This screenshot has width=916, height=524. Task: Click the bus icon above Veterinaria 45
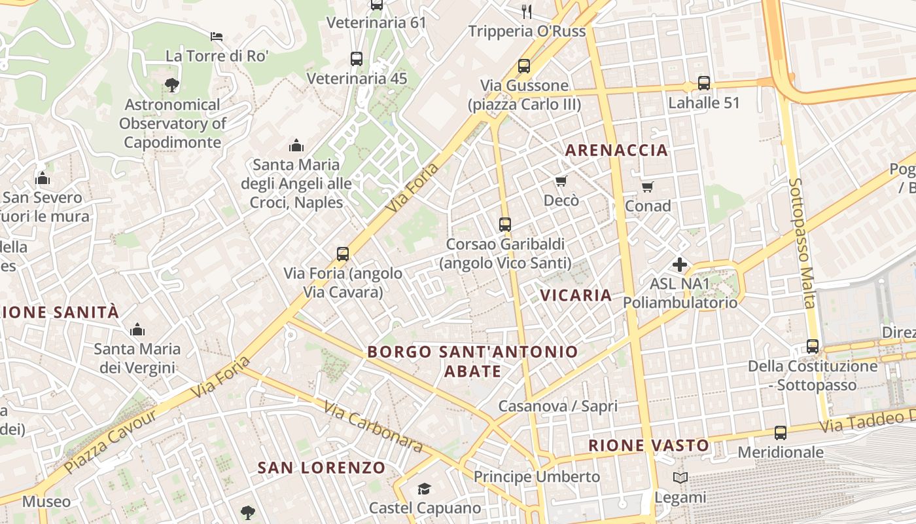click(x=357, y=59)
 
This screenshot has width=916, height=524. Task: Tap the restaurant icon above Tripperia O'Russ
click(x=527, y=11)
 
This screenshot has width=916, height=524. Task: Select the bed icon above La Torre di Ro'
click(x=217, y=36)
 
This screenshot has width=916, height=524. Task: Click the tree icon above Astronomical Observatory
click(x=172, y=84)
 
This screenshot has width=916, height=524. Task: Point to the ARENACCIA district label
click(x=616, y=150)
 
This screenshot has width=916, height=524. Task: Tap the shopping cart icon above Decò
click(x=561, y=181)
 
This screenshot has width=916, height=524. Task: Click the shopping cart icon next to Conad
click(x=648, y=187)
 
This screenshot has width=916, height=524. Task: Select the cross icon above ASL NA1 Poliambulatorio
click(x=680, y=265)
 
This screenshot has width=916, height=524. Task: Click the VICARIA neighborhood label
click(x=576, y=295)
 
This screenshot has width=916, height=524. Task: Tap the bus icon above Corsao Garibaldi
click(x=505, y=225)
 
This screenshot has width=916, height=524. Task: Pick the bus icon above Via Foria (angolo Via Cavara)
click(x=343, y=254)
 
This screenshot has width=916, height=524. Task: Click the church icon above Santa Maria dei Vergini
click(x=137, y=329)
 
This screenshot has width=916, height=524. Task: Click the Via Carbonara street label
click(x=374, y=426)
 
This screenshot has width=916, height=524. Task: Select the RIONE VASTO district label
click(x=648, y=445)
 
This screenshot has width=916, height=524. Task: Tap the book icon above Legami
click(x=680, y=478)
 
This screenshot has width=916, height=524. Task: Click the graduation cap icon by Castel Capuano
click(x=425, y=489)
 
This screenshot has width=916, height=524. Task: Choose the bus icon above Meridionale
click(x=781, y=433)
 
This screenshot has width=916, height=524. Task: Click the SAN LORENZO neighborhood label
click(x=321, y=468)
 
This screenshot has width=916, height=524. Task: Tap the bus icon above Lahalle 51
click(x=704, y=83)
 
